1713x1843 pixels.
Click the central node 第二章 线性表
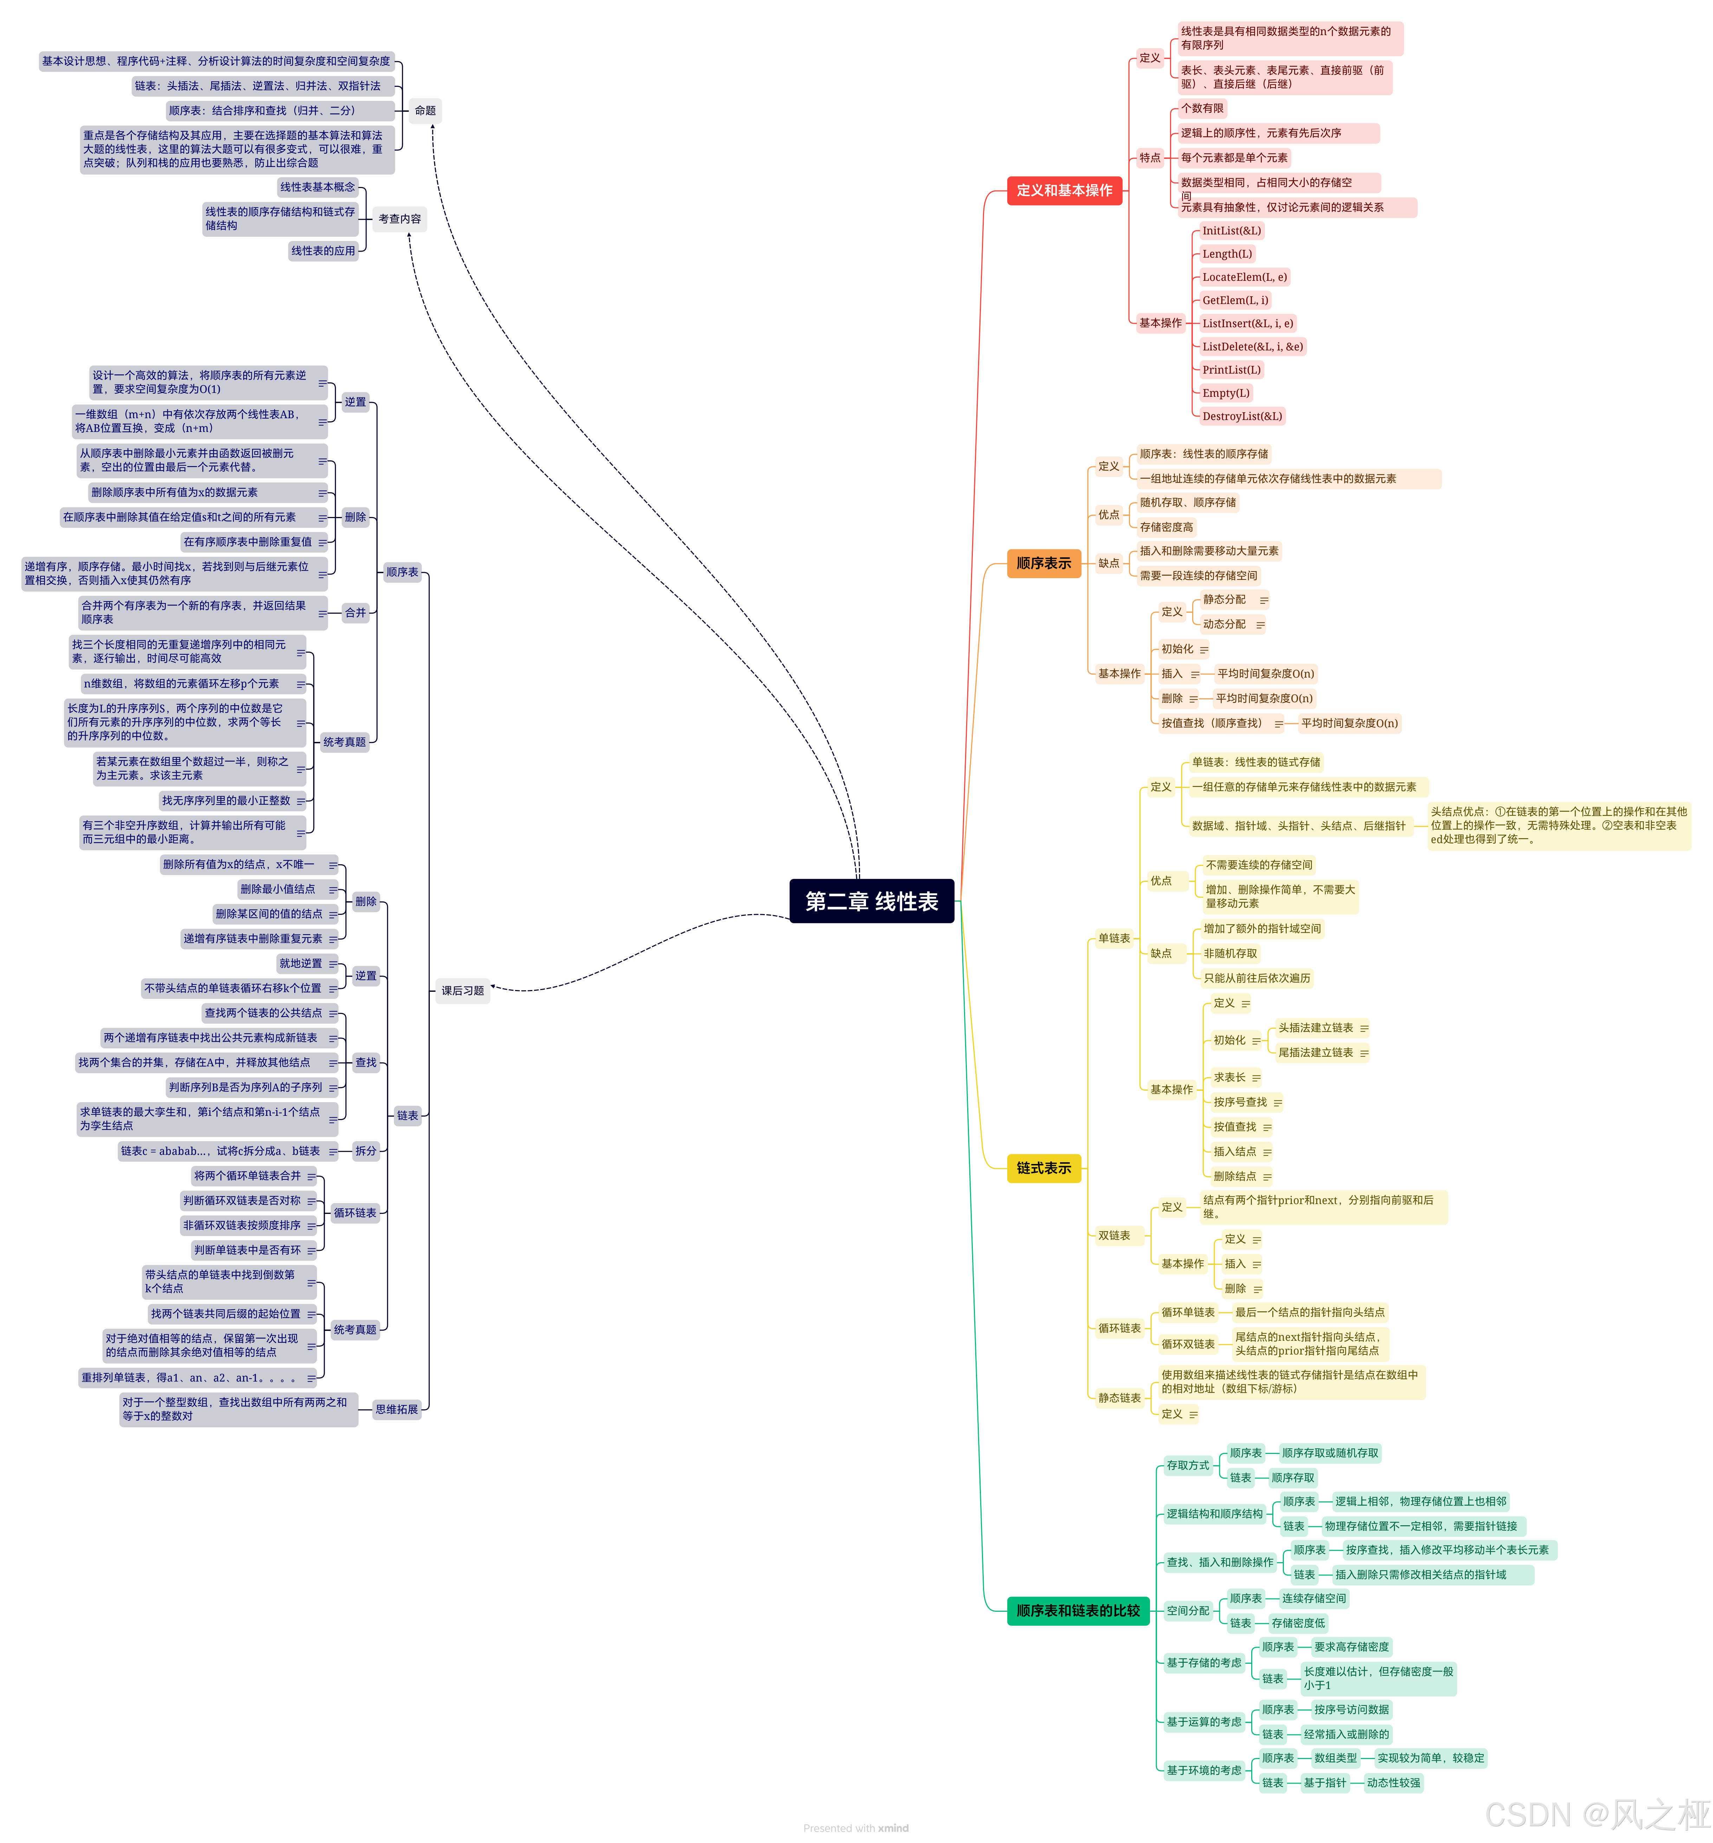point(871,901)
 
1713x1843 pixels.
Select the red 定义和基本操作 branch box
point(1064,190)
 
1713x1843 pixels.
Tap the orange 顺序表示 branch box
point(1044,563)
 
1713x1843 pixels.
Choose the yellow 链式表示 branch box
point(1044,1168)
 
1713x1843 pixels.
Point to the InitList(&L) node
point(1231,231)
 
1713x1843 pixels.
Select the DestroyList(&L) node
point(1242,416)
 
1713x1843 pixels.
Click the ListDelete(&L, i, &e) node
point(1252,347)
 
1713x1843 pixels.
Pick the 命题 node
point(426,110)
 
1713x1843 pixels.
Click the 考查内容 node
point(400,219)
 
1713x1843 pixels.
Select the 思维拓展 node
point(397,1409)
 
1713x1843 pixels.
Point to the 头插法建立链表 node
point(1316,1028)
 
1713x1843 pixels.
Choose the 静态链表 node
point(1119,1398)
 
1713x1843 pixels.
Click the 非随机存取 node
point(1230,953)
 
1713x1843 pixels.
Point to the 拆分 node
point(366,1151)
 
